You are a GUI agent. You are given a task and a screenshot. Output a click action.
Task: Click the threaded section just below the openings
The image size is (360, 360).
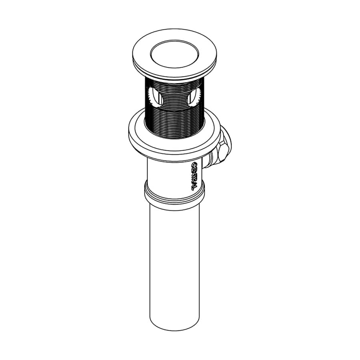click(x=174, y=120)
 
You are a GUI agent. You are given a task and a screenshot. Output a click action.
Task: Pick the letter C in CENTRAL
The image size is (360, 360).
click(x=194, y=165)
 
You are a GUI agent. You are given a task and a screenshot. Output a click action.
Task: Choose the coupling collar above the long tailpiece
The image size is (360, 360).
click(x=175, y=194)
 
